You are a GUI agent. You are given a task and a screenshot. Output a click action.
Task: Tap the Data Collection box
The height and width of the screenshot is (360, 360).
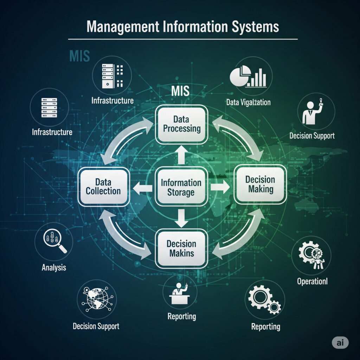pos(103,186)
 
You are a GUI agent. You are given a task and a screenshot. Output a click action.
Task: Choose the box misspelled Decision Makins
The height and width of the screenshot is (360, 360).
pos(182,248)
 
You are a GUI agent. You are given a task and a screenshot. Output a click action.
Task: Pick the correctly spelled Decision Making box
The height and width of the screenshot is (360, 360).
pos(260,185)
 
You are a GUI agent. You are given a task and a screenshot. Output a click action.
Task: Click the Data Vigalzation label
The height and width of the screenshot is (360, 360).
pos(249,102)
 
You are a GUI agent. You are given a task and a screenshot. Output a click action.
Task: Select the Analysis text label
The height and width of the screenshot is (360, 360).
pos(54,268)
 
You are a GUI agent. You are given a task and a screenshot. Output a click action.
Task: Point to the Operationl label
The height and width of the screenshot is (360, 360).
pos(311,282)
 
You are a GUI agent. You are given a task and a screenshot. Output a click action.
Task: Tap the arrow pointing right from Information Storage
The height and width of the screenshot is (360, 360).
pos(220,187)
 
